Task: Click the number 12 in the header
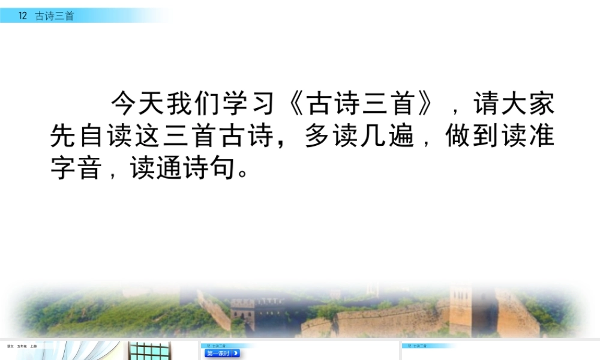pos(23,16)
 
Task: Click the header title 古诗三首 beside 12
pos(55,16)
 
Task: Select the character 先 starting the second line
pos(64,137)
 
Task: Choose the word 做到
pos(472,137)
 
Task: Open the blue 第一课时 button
pos(222,353)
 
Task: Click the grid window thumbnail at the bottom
pos(150,351)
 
